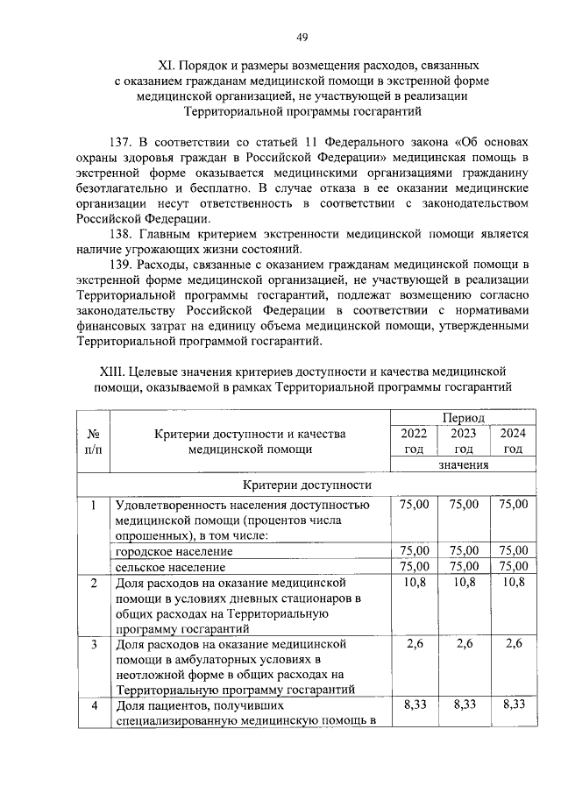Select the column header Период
464,419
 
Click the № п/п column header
93,442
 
